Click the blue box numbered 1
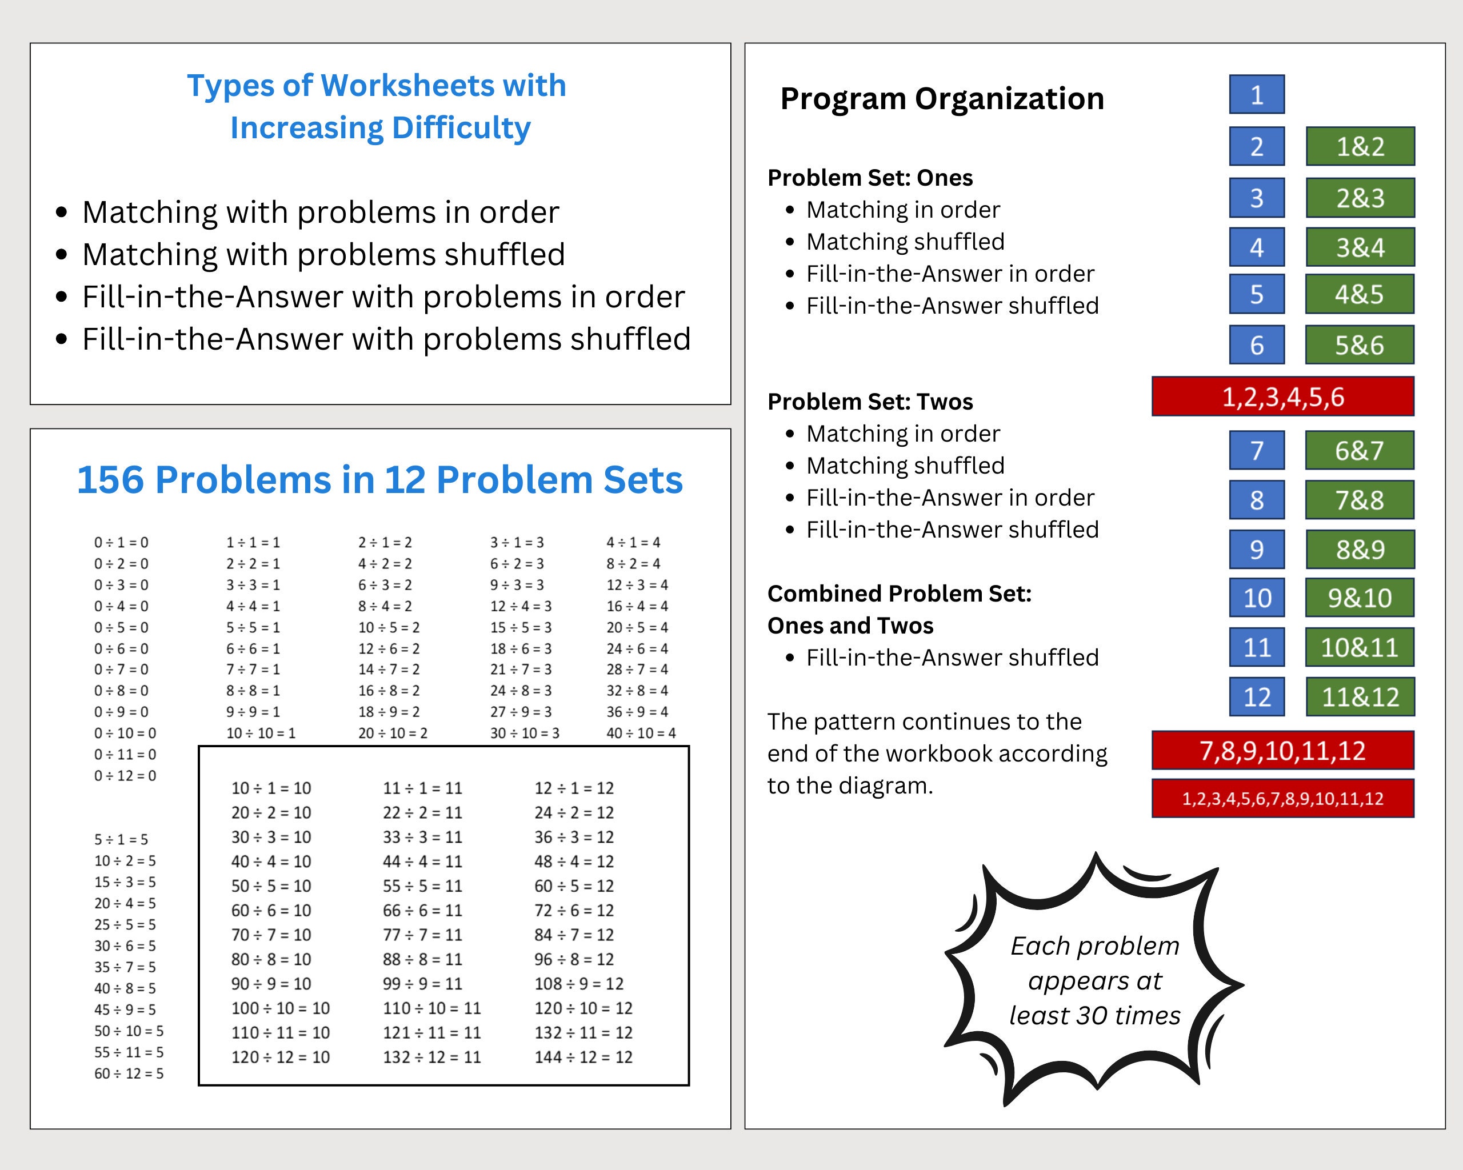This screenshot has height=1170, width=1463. (1257, 94)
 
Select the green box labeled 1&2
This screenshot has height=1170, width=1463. (1360, 146)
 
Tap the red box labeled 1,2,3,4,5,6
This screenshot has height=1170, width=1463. (1282, 397)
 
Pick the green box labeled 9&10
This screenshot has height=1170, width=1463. (1360, 598)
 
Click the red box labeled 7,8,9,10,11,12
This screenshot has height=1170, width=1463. (1282, 751)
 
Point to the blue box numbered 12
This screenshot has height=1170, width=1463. (1257, 696)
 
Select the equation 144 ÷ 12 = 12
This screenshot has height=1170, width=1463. (583, 1057)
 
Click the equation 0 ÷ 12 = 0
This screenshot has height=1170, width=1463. (125, 775)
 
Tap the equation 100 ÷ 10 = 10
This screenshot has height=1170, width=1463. (280, 1008)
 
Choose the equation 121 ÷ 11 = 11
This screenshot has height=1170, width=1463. (431, 1032)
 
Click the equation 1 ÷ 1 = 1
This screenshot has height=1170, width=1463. (253, 543)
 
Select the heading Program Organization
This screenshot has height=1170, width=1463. (942, 99)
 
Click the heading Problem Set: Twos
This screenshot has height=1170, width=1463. (870, 402)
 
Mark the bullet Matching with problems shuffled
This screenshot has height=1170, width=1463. (323, 254)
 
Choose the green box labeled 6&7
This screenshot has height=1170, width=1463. (1359, 450)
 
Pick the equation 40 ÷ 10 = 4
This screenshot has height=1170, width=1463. (641, 733)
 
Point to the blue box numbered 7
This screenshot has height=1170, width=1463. (1257, 450)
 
